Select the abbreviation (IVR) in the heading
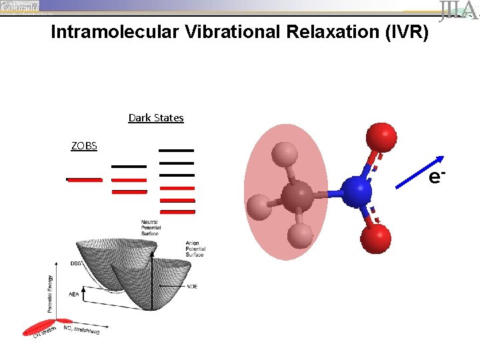tap(403, 32)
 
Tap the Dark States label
tap(156, 118)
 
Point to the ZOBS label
tap(84, 145)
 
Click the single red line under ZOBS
tap(84, 179)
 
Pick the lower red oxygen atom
tap(376, 237)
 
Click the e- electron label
tap(437, 177)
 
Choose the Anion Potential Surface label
tap(196, 249)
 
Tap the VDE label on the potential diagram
tap(193, 286)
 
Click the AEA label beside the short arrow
tap(74, 293)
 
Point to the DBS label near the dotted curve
tap(76, 263)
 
